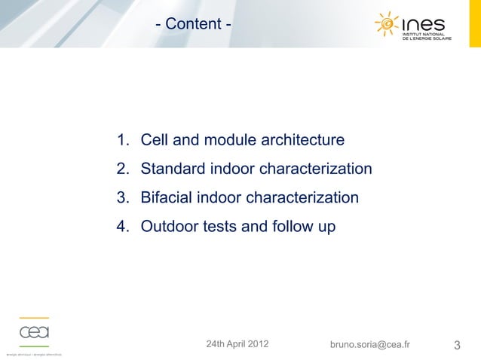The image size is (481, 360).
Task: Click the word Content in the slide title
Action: point(193,25)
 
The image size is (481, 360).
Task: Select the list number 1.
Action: point(121,140)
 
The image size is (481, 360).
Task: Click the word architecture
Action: point(302,140)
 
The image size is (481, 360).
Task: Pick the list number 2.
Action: point(121,169)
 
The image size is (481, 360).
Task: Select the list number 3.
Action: point(121,198)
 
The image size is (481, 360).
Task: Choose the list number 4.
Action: point(121,227)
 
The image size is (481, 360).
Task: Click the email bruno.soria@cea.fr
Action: point(370,345)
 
